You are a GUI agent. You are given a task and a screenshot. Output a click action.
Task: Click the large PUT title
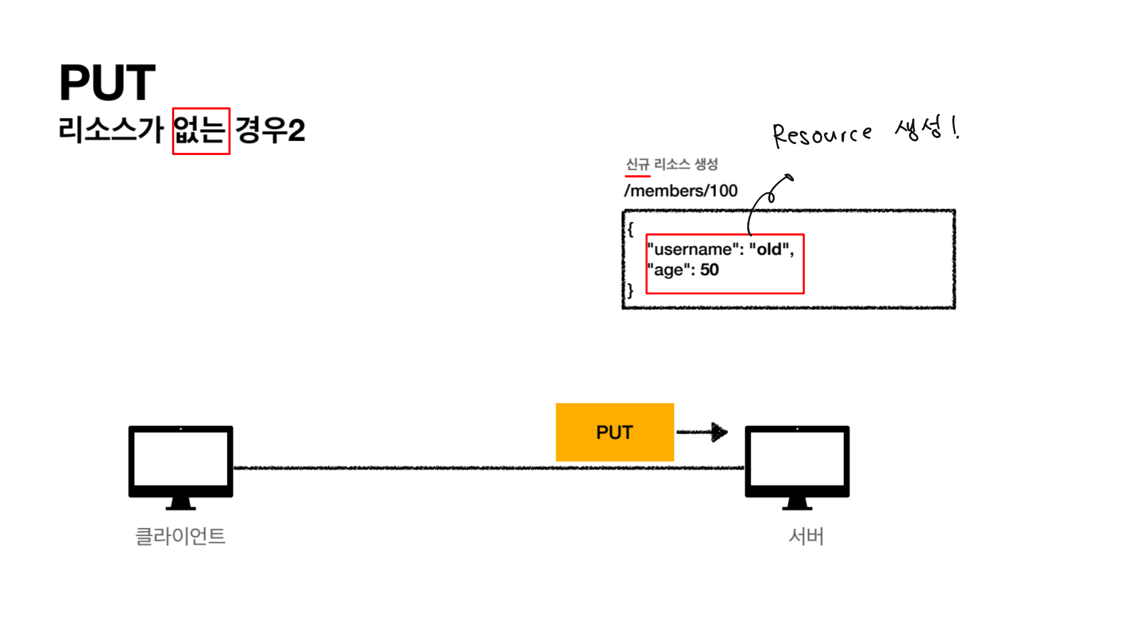[x=107, y=83]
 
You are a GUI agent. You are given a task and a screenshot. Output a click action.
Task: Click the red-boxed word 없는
[x=201, y=131]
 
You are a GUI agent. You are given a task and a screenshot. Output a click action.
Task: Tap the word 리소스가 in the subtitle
[x=111, y=130]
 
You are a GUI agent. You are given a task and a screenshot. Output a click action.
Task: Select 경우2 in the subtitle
[x=270, y=130]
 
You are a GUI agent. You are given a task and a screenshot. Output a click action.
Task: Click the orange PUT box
[x=614, y=432]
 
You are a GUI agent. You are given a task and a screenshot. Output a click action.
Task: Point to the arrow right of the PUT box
[x=703, y=432]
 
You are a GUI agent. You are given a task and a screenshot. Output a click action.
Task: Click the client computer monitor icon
[x=181, y=466]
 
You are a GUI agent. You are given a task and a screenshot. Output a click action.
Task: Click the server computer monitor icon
[x=797, y=466]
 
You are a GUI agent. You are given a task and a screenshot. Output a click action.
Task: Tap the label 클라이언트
[x=180, y=536]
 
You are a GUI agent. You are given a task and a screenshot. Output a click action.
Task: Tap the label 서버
[x=806, y=536]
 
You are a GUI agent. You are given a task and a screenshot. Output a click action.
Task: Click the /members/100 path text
[x=681, y=191]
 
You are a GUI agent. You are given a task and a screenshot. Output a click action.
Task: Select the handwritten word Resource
[x=821, y=134]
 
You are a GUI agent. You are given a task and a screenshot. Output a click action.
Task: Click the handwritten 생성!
[x=926, y=129]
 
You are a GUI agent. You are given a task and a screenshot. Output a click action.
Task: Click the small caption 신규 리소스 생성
[x=672, y=164]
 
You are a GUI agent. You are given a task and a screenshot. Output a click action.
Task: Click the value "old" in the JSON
[x=769, y=250]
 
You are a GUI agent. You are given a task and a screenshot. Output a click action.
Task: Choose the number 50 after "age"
[x=709, y=270]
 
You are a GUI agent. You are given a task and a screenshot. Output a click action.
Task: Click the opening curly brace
[x=631, y=229]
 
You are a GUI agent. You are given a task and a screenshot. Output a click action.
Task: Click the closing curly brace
[x=631, y=290]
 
